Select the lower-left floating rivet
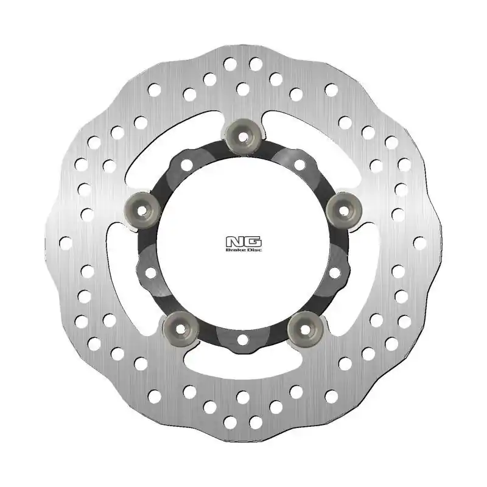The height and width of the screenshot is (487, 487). [181, 326]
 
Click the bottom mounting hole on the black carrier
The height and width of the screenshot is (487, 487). [243, 338]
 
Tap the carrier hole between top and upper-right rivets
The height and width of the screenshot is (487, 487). [300, 164]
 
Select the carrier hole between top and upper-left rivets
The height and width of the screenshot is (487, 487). [186, 164]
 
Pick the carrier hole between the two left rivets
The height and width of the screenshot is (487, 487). [150, 273]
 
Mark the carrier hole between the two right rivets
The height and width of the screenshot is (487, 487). [335, 273]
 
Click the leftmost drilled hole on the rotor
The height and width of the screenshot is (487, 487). [66, 242]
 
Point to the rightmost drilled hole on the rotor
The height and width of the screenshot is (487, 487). [419, 242]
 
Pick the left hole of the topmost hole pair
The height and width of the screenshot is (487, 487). [230, 63]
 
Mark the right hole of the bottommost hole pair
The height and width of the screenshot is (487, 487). [256, 422]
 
